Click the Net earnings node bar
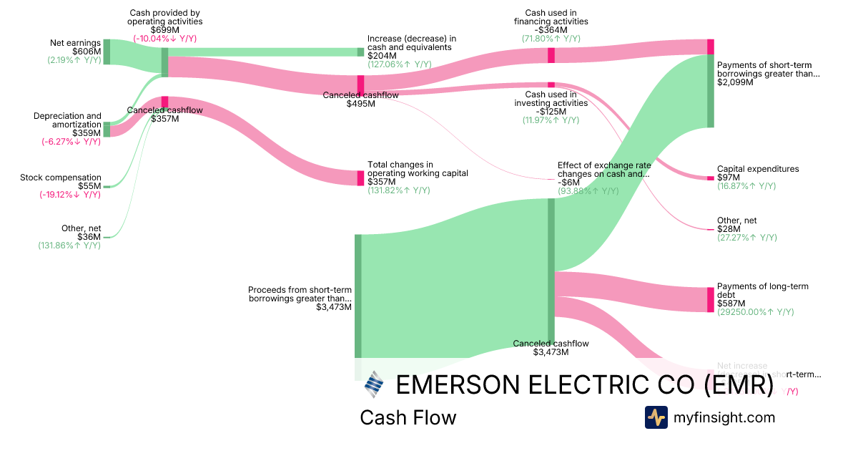[x=107, y=52]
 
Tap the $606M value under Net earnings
[x=87, y=52]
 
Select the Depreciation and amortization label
[x=67, y=120]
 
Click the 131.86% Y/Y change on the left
[x=69, y=246]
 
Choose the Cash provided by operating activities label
[x=165, y=17]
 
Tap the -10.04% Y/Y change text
[x=166, y=39]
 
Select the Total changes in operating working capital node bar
[x=361, y=178]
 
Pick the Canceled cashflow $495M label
[x=360, y=100]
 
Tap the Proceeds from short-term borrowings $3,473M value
[x=333, y=307]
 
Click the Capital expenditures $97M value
[x=729, y=178]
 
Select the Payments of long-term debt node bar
[x=711, y=299]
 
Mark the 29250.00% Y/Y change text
[x=755, y=312]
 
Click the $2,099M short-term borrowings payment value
[x=732, y=82]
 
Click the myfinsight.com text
[x=724, y=417]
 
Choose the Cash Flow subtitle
[x=408, y=417]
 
